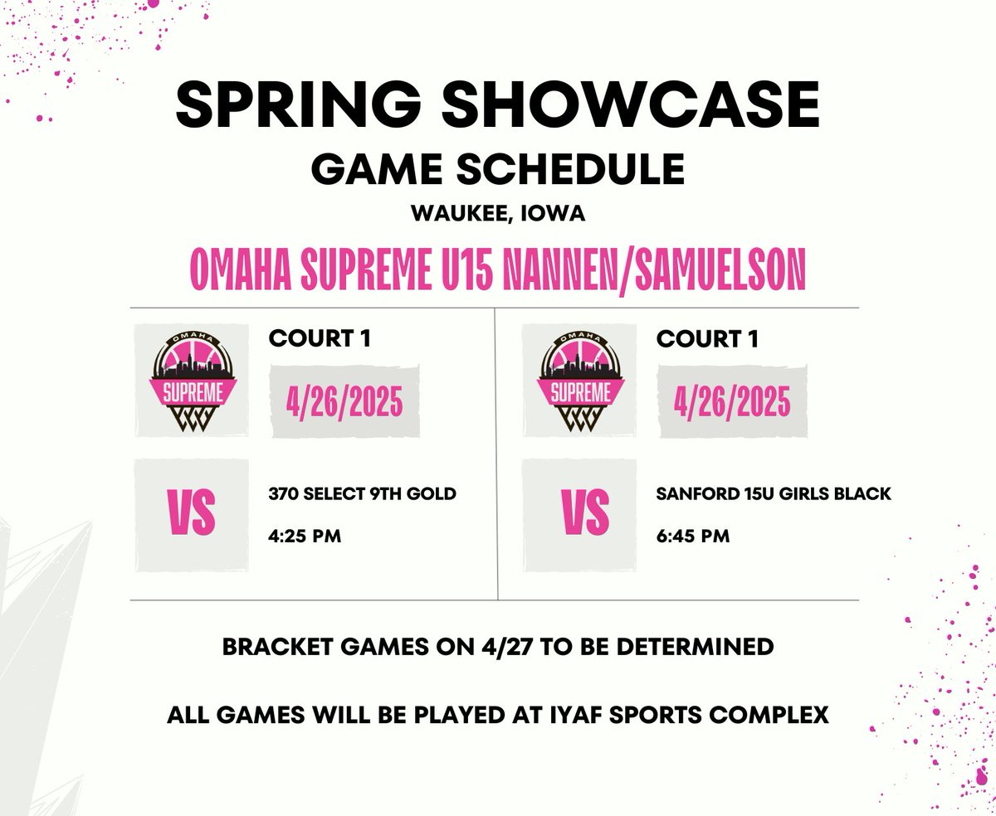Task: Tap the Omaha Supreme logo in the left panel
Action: [193, 380]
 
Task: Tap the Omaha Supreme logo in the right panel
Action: [579, 380]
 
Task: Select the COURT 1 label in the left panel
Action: [319, 338]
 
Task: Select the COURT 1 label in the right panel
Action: [705, 338]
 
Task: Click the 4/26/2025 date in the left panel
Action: [344, 403]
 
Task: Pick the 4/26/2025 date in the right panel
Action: [731, 403]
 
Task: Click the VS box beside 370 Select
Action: [193, 514]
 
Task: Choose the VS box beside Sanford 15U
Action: [579, 514]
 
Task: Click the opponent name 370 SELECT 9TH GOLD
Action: [363, 494]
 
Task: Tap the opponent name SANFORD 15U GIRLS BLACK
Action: [774, 494]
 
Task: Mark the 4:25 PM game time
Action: [305, 537]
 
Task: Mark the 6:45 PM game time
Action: [692, 537]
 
